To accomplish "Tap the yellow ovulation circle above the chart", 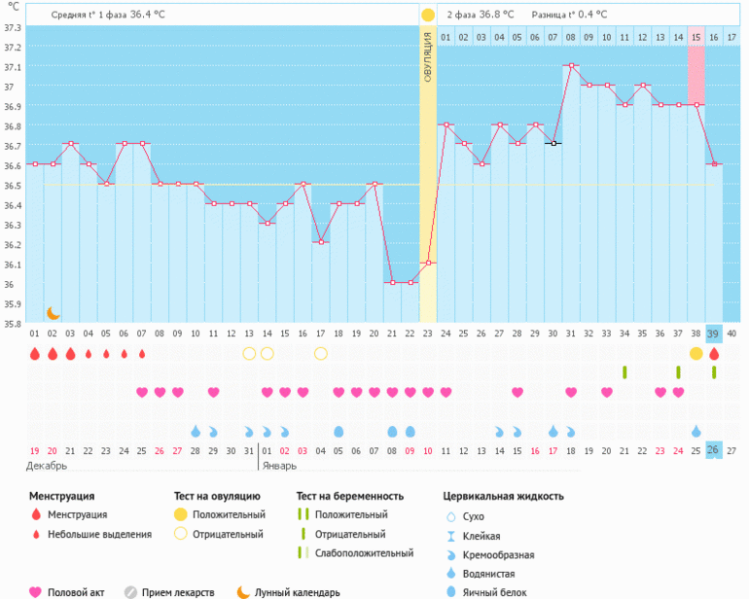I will (428, 15).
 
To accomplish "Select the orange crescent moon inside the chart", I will (53, 313).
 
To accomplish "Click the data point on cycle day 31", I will (571, 65).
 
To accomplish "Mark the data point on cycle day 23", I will (428, 263).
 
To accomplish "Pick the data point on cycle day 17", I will (321, 242).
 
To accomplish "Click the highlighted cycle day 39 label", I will (714, 334).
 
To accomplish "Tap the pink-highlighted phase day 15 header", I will (695, 37).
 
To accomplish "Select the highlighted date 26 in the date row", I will (714, 450).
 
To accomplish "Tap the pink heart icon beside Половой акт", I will (36, 591).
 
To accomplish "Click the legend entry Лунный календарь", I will (298, 591).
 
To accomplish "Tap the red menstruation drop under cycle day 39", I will (714, 353).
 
